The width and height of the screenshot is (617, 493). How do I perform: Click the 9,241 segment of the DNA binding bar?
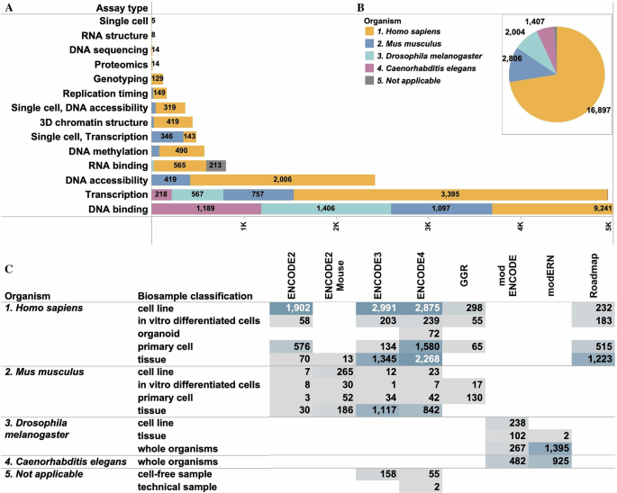pyautogui.click(x=550, y=209)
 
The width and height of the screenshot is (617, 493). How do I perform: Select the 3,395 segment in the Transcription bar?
pyautogui.click(x=450, y=194)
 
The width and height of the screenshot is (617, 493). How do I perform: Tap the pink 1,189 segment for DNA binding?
pyautogui.click(x=206, y=209)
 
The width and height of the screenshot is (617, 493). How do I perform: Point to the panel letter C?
pyautogui.click(x=8, y=268)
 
